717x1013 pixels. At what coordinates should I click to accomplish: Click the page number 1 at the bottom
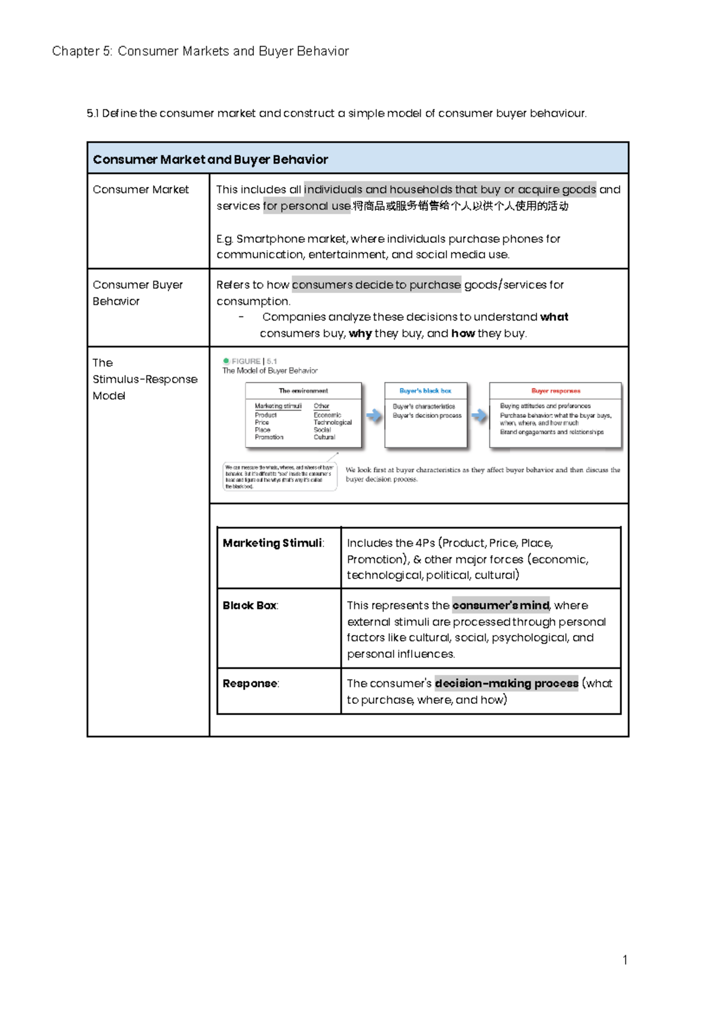coord(624,960)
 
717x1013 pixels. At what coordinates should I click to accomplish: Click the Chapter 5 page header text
coord(200,51)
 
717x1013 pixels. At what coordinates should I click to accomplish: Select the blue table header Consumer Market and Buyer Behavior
coord(210,160)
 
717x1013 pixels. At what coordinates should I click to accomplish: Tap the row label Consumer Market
coord(140,190)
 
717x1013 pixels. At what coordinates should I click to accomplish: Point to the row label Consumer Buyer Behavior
coord(137,293)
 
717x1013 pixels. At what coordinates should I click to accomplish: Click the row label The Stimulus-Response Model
coord(144,379)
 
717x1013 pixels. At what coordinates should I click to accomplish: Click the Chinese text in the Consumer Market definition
coord(460,206)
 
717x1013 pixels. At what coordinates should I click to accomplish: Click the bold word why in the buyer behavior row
coord(360,334)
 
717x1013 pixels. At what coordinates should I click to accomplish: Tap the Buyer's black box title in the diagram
coord(425,390)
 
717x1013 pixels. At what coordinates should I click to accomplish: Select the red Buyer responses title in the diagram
coord(556,390)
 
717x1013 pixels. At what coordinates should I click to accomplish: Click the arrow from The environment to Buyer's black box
coord(374,416)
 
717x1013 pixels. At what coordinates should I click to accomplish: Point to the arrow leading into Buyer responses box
coord(479,416)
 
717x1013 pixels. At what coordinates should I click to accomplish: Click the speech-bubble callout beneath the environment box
coord(279,477)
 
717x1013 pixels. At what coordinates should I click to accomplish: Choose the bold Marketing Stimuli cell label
coord(272,543)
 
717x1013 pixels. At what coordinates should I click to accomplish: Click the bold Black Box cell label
coord(249,606)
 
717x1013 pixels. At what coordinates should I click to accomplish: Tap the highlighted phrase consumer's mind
coord(501,606)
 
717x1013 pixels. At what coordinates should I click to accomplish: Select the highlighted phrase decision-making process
coord(506,684)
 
